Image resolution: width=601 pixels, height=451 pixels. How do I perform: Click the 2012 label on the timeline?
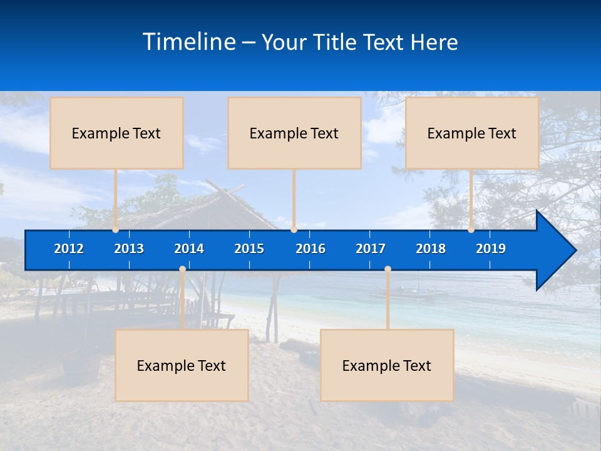pos(69,249)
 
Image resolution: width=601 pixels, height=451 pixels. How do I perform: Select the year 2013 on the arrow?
pos(129,249)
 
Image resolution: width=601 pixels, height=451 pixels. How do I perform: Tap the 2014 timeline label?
pos(189,249)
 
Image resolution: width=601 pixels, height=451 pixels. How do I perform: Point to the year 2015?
pos(249,249)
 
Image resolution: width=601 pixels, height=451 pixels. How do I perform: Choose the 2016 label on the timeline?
pos(311,249)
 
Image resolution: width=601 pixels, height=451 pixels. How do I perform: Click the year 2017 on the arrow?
pos(371,249)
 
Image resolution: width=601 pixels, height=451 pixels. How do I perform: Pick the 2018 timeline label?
pos(431,249)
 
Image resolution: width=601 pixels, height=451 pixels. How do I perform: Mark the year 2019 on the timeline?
pos(491,249)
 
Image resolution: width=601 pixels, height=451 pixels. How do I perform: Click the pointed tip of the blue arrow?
pos(575,251)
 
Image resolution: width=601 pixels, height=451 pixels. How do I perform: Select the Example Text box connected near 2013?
pos(116,133)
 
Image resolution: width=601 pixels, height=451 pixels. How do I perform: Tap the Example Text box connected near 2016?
pos(294,133)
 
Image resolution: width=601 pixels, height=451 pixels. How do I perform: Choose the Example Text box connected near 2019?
pos(472,133)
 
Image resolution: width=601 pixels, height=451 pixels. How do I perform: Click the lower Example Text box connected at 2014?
pos(182,365)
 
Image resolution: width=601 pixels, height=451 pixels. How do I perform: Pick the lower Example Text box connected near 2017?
pos(387,365)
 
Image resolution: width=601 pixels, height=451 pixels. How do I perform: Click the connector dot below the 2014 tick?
pos(182,269)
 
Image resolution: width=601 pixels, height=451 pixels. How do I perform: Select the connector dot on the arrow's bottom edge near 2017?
pos(388,269)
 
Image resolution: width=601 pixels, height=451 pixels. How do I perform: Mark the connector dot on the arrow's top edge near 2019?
pos(471,229)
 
